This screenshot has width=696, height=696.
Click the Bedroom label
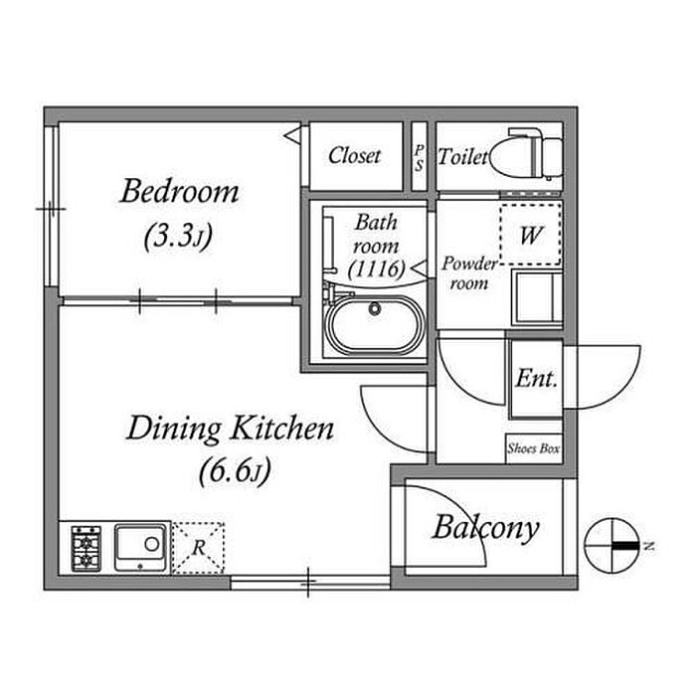click(179, 192)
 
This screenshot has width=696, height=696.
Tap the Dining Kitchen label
click(230, 429)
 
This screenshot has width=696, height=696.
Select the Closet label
click(355, 155)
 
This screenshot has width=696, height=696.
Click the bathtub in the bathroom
click(374, 325)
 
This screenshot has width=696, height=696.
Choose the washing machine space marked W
click(530, 235)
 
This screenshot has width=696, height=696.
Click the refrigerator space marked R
click(198, 548)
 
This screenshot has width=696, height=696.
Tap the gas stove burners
click(87, 548)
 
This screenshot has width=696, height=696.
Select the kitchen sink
click(140, 548)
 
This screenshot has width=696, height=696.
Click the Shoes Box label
click(534, 448)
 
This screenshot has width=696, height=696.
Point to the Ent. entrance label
click(536, 379)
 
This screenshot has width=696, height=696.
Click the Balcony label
click(485, 528)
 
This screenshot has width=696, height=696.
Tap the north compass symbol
click(611, 546)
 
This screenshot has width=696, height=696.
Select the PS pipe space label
click(419, 157)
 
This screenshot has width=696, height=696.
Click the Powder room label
click(469, 273)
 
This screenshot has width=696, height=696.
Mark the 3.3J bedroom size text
click(178, 237)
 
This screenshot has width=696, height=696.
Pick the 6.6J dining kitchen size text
click(235, 471)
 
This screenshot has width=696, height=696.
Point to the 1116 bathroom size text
click(377, 268)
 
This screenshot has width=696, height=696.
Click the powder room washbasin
click(537, 297)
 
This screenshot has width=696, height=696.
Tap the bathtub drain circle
click(375, 308)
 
